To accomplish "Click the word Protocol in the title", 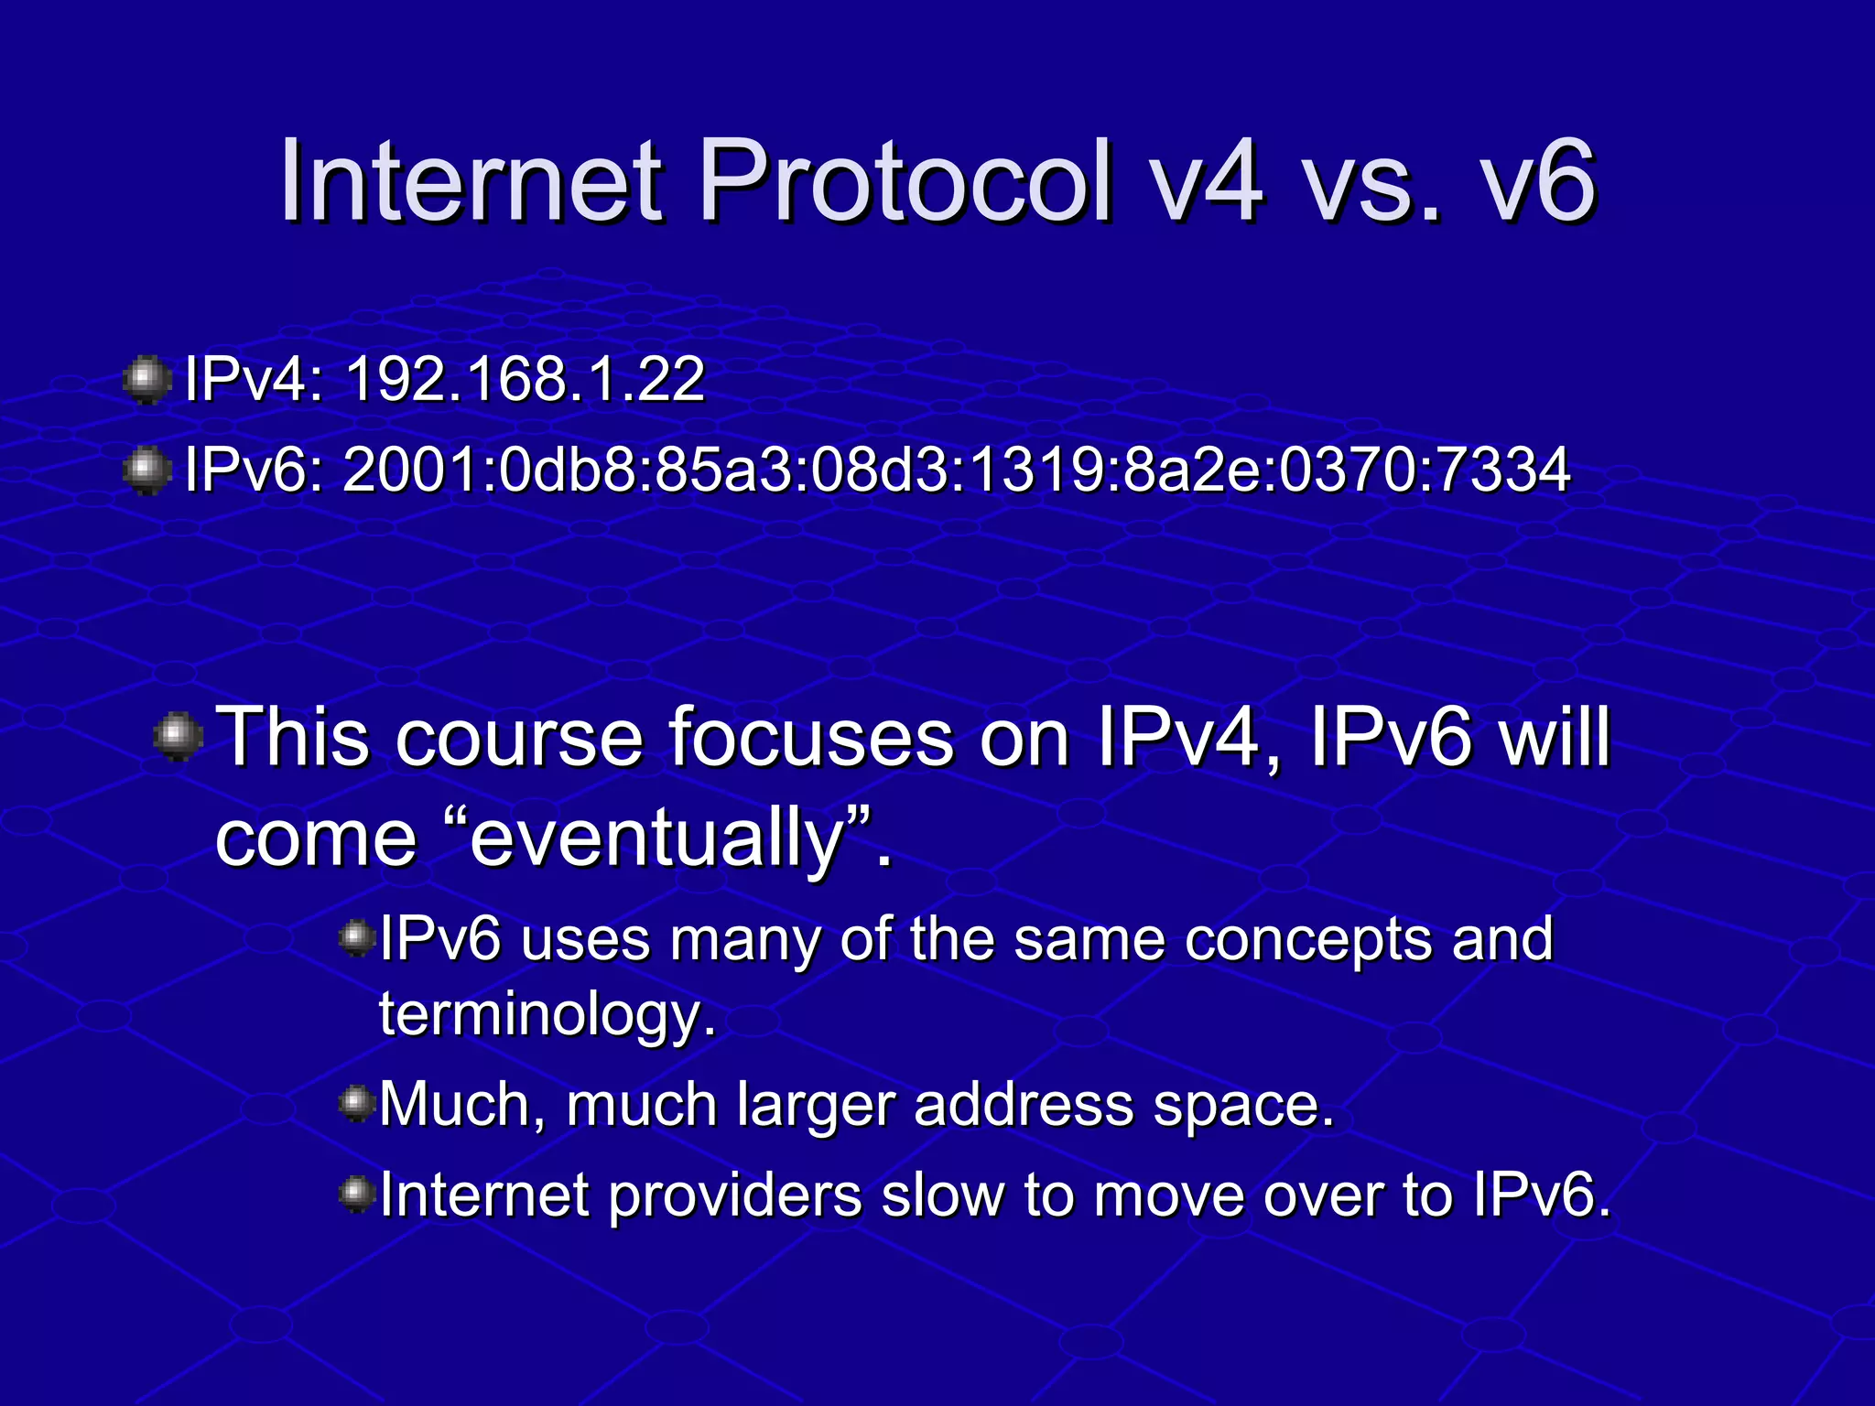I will click(905, 180).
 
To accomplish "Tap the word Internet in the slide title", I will click(471, 180).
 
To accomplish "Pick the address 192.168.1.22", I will click(525, 379).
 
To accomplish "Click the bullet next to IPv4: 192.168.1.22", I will click(146, 380).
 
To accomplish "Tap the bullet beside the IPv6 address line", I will click(146, 471).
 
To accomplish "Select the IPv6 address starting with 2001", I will click(956, 470).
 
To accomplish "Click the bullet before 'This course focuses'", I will click(178, 737).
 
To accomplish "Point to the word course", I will click(519, 738).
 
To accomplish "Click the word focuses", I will click(810, 738).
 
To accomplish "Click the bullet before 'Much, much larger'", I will click(356, 1103).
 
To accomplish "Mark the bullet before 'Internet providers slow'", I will click(356, 1194).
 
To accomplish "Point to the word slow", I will click(941, 1195).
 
